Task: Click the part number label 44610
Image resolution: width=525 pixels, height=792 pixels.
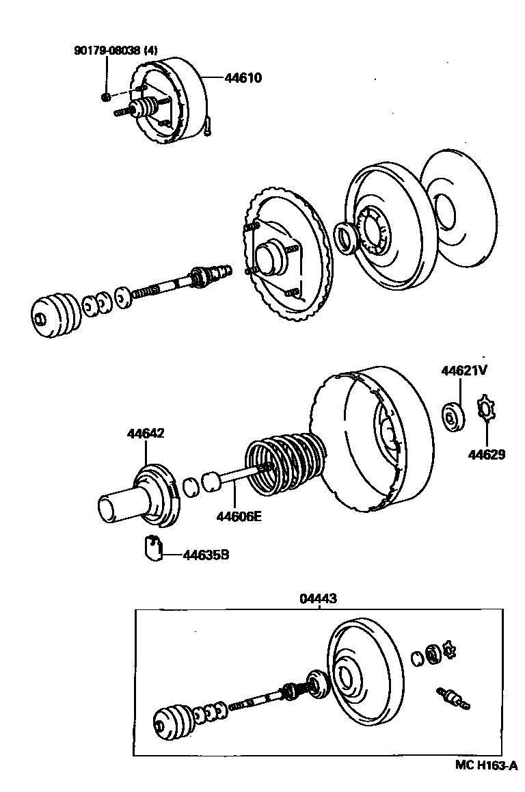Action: pos(243,79)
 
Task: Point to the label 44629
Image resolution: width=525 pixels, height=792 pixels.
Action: pos(487,454)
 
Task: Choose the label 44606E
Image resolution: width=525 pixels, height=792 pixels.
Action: pos(239,516)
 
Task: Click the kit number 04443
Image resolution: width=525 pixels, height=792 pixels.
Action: pos(318,598)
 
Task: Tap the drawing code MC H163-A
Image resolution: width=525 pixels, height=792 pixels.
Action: pos(486,765)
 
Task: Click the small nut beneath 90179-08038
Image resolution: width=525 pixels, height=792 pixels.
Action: pos(106,97)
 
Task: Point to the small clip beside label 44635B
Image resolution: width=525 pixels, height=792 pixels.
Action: pos(152,549)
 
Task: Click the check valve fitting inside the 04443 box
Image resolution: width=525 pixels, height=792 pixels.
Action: pos(450,698)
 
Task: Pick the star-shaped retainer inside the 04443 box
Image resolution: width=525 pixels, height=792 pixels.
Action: pos(449,650)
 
